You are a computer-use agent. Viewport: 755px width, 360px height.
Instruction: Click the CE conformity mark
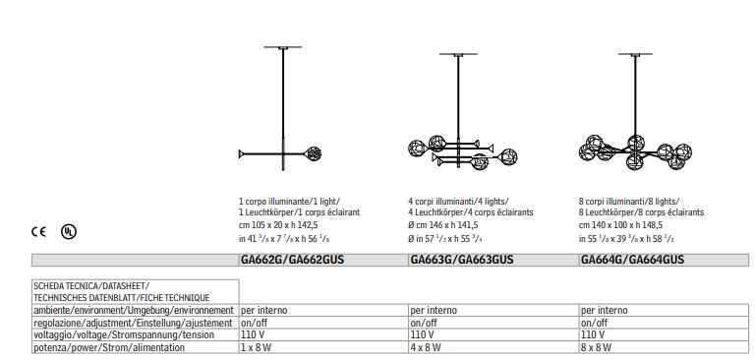[38, 232]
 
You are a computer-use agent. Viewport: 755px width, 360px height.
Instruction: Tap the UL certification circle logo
[69, 232]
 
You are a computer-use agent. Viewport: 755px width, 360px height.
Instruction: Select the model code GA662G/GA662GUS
[292, 260]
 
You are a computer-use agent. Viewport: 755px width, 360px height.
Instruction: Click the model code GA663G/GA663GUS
[462, 260]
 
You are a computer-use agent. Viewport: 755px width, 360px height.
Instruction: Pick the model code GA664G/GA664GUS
[632, 260]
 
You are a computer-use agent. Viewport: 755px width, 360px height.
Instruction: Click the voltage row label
[124, 335]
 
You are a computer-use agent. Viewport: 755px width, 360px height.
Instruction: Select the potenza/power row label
[109, 347]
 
